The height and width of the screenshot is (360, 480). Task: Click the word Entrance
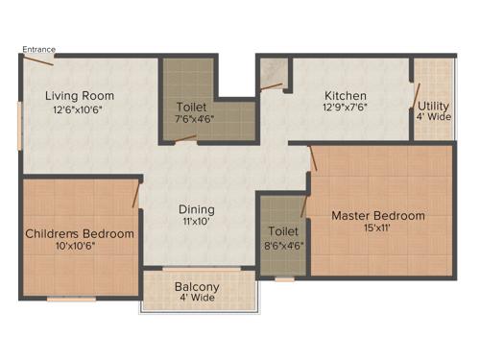(x=39, y=49)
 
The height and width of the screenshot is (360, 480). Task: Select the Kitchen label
(x=345, y=96)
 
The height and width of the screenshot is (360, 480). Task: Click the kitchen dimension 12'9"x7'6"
(x=344, y=109)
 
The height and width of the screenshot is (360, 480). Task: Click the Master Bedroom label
(x=377, y=216)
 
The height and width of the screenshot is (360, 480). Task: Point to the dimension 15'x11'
(x=378, y=229)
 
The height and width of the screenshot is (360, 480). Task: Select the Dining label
(x=196, y=209)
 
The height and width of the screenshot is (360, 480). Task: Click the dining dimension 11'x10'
(x=196, y=223)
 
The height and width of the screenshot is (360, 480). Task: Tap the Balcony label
(x=197, y=287)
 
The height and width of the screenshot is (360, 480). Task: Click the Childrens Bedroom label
(x=80, y=233)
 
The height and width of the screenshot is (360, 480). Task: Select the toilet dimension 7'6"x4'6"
(x=196, y=120)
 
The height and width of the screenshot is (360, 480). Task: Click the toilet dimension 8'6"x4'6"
(x=283, y=245)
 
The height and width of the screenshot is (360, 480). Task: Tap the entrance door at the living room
(x=38, y=60)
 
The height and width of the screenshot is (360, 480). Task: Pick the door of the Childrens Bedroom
(x=136, y=196)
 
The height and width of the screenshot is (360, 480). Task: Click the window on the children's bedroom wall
(x=71, y=300)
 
